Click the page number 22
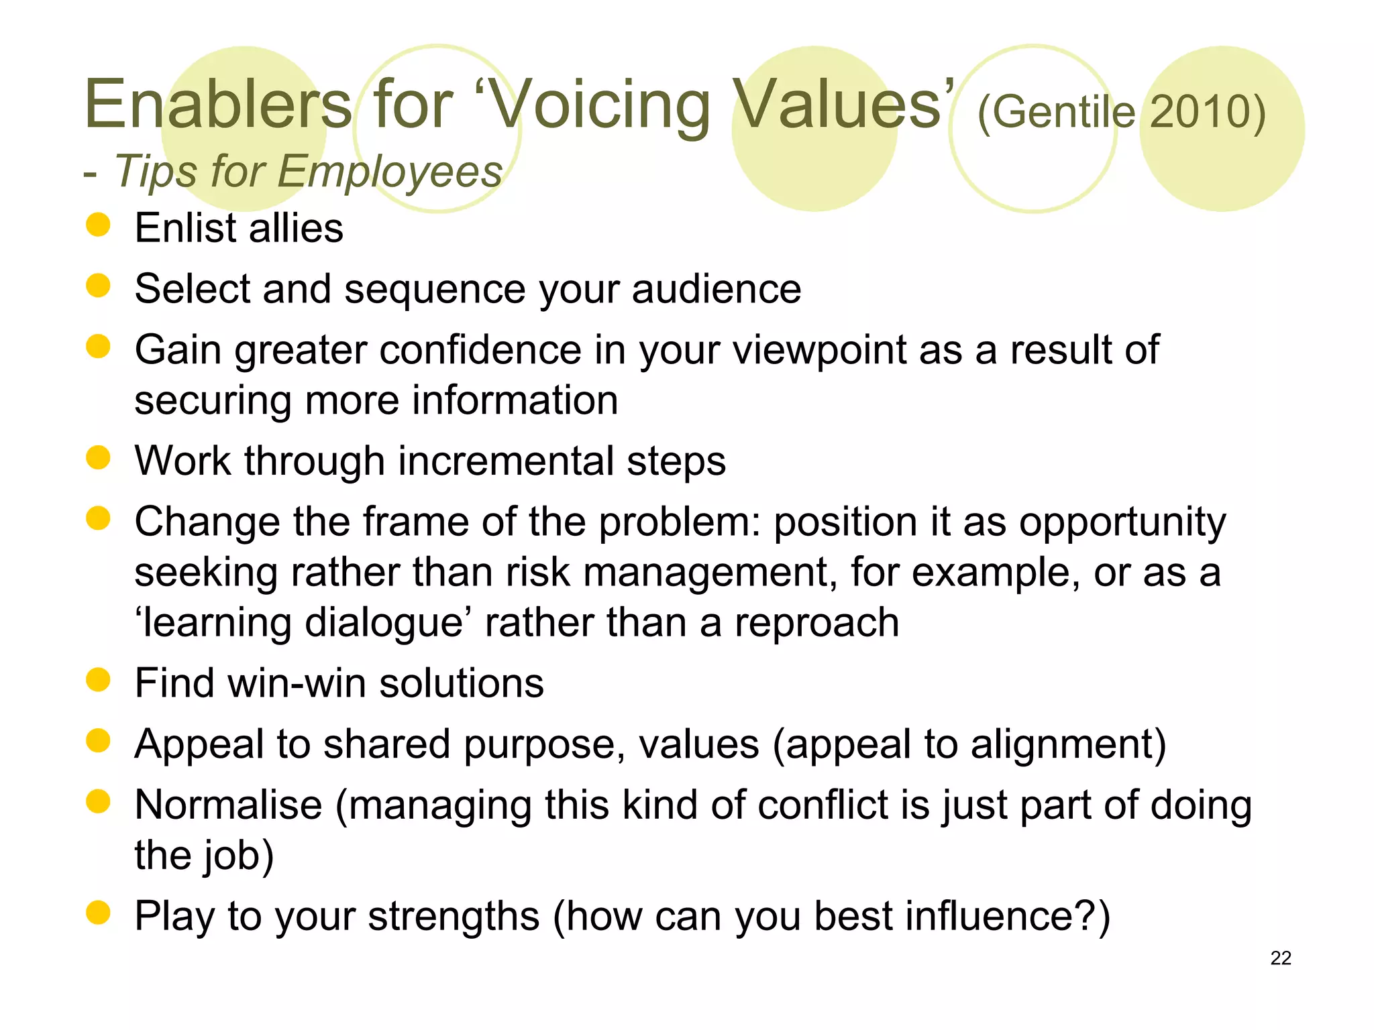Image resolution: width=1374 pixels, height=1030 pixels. click(1280, 958)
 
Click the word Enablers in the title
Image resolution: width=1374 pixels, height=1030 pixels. click(218, 105)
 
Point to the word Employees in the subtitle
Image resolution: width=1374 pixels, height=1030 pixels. click(389, 172)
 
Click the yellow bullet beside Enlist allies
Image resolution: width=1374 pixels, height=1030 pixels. click(98, 225)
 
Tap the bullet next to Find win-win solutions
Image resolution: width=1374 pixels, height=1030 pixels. click(98, 680)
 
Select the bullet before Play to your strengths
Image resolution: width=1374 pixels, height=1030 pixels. click(98, 913)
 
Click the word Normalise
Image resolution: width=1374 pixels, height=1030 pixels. click(228, 805)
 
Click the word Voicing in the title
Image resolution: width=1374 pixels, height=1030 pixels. click(601, 106)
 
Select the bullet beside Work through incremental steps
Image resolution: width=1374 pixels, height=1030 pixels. click(98, 459)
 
